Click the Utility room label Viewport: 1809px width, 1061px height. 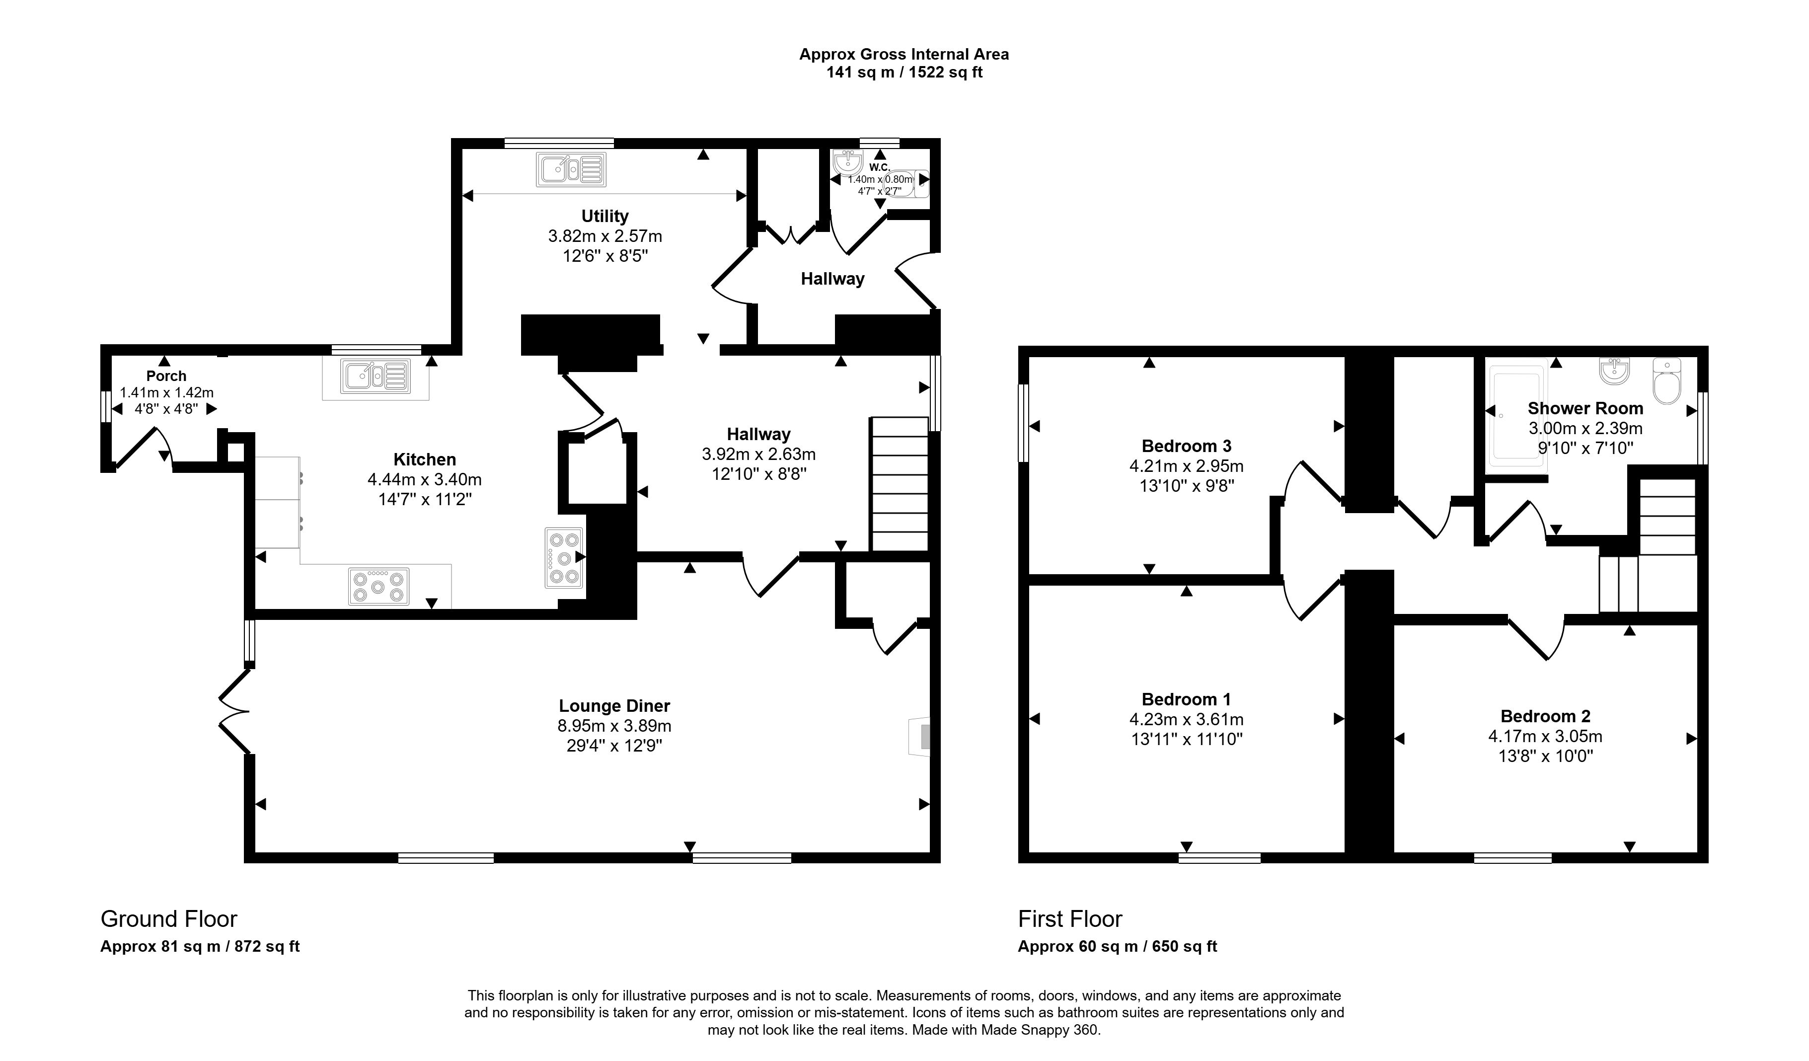click(x=604, y=216)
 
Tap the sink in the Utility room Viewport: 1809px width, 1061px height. click(x=571, y=169)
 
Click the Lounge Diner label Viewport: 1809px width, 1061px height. click(x=614, y=706)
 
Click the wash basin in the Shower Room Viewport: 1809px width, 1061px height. click(x=1614, y=371)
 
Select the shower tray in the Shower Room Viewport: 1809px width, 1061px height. click(x=1517, y=416)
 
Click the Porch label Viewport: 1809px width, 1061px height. click(x=166, y=376)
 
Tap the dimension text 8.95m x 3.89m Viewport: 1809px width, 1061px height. click(x=614, y=726)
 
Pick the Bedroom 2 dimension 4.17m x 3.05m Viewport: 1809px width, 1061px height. click(x=1545, y=736)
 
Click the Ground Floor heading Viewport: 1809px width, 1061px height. click(x=169, y=919)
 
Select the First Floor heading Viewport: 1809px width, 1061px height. click(x=1069, y=919)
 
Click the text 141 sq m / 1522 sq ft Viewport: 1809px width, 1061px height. click(x=904, y=73)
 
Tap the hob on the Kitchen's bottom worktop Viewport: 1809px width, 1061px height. click(x=378, y=586)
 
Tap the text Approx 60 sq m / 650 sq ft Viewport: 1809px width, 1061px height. click(x=1117, y=946)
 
